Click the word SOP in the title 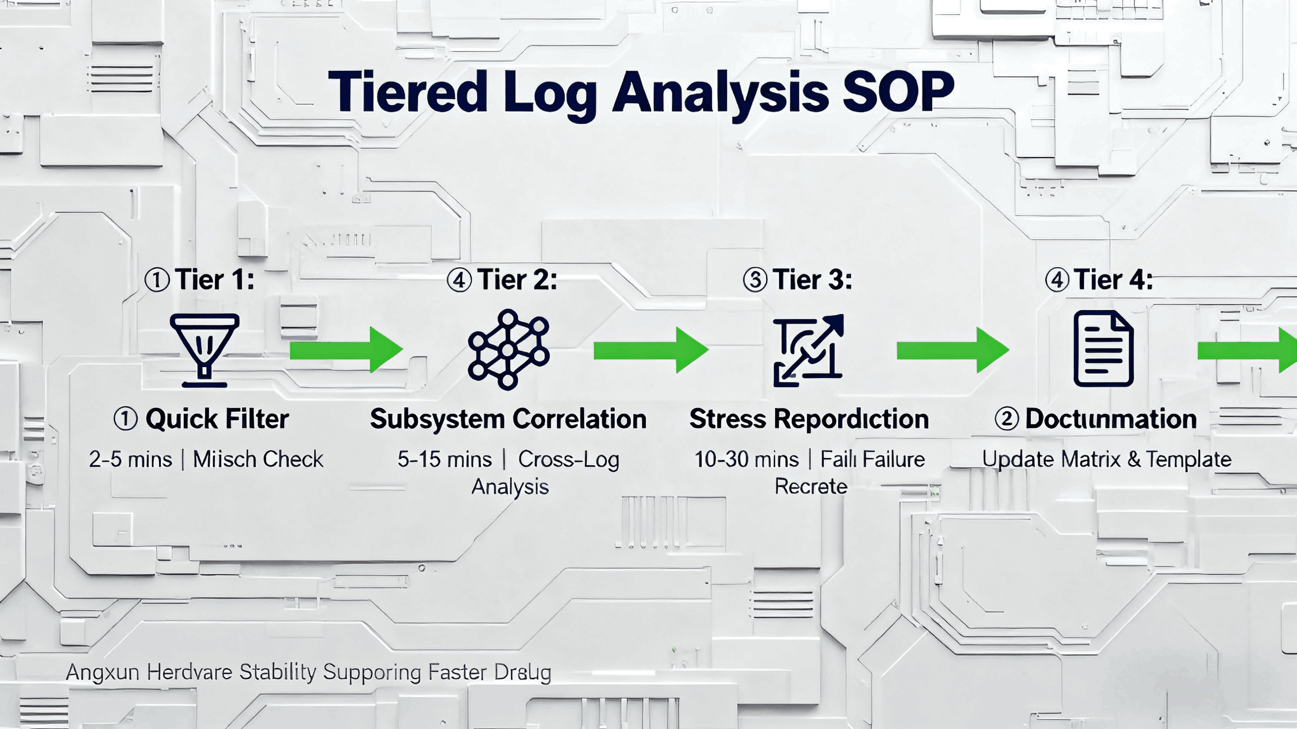pos(898,92)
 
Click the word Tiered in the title pos(408,92)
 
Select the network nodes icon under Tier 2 pos(508,350)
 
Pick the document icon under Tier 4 pos(1104,349)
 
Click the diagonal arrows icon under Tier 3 pos(808,350)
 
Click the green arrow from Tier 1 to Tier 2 pos(346,350)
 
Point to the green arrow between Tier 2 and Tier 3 pos(650,350)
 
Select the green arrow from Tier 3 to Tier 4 pos(953,350)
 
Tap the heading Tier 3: pos(812,280)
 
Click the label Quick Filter pos(217,419)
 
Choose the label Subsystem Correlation pos(508,419)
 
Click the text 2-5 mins pos(130,459)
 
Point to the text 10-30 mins pos(746,459)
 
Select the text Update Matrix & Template pos(1106,459)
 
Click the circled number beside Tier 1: pos(157,280)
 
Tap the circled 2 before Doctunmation pos(1007,419)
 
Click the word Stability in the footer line pos(277,672)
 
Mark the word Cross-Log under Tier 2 pos(568,459)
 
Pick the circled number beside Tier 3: pos(755,280)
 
